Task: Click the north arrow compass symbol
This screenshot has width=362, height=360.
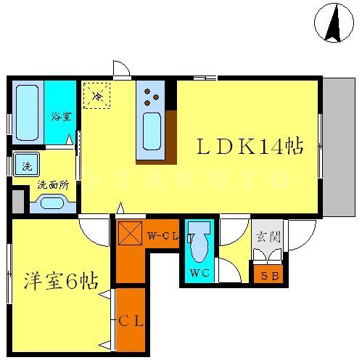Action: (334, 23)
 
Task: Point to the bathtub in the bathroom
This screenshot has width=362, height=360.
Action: (27, 112)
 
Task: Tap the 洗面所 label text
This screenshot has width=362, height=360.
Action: (52, 184)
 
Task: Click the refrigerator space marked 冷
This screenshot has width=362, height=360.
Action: (96, 94)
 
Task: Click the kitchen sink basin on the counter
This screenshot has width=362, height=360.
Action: (152, 131)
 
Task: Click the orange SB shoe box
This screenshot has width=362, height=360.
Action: (270, 275)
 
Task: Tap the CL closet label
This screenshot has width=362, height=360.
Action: (132, 320)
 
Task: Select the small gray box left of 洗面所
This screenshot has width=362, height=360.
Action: (18, 200)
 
